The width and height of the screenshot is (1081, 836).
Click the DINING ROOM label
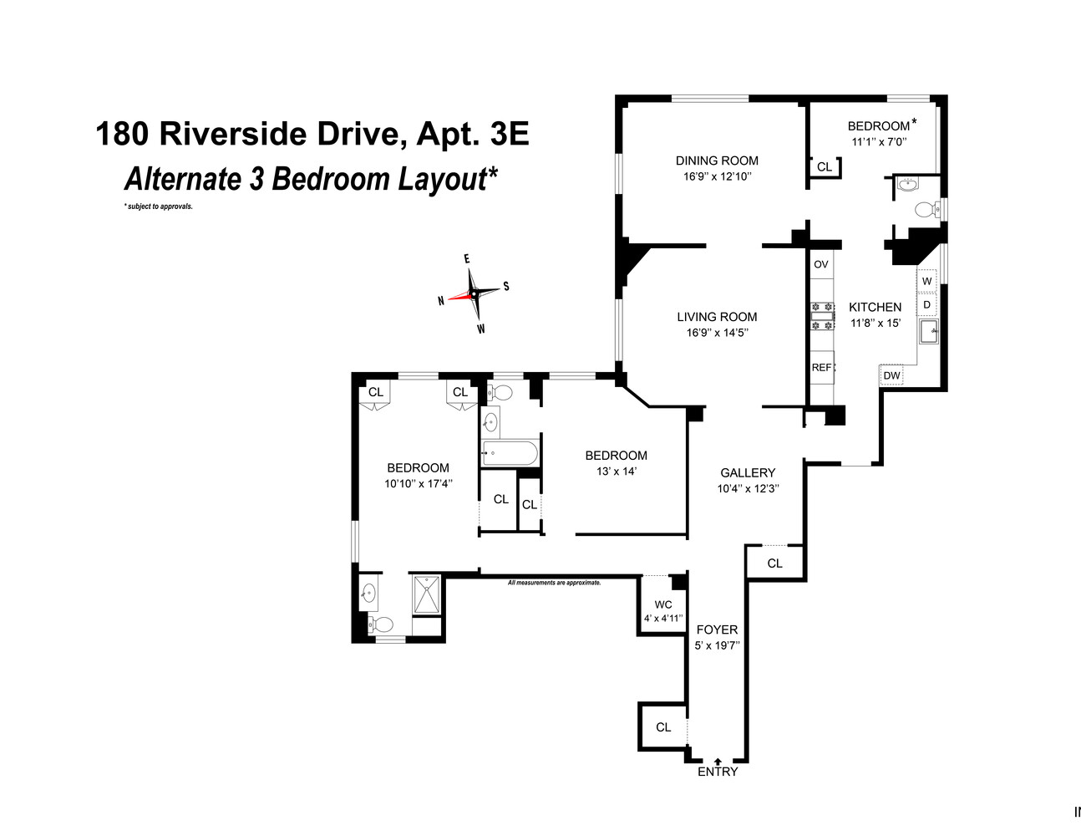coord(717,161)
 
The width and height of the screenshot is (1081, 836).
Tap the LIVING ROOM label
coord(717,317)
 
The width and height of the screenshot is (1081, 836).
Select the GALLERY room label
coord(748,472)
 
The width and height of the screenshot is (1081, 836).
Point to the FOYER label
coord(717,630)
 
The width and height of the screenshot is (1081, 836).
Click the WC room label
coord(663,604)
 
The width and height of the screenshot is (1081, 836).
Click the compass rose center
coord(474,293)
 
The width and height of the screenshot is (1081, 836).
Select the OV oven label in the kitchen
coord(821,264)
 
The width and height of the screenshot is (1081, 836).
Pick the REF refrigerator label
coord(821,367)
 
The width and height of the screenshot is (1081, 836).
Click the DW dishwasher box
coord(892,375)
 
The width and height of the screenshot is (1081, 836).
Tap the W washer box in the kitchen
coord(926,281)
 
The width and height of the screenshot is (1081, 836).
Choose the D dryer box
coord(926,304)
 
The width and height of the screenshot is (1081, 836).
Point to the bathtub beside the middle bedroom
coord(510,454)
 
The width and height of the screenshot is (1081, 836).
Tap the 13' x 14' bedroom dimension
coord(616,471)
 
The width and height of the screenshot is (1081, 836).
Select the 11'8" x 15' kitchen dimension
coord(875,323)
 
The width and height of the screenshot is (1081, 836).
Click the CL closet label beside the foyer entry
coord(663,727)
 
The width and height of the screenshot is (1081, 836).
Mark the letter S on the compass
coord(506,287)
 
